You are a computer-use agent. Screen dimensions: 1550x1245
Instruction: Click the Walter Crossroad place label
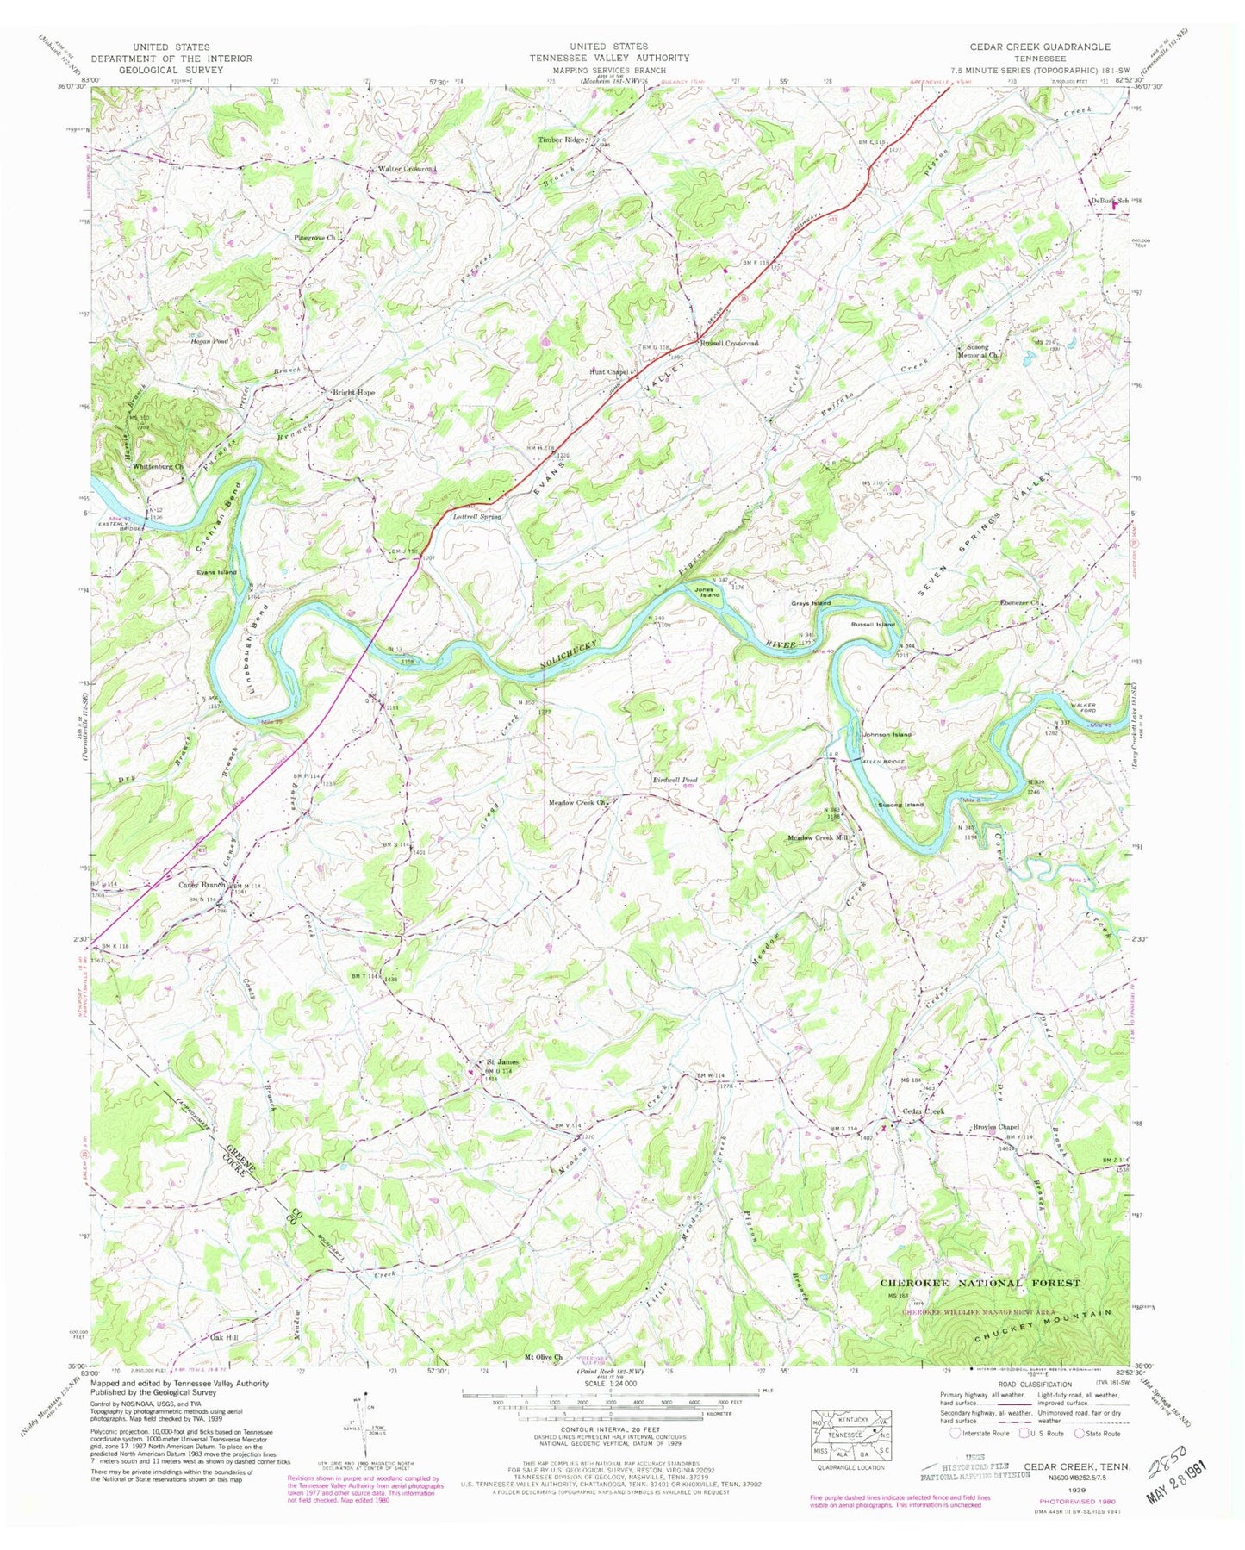(407, 169)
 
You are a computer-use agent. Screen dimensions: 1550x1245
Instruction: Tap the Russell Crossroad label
(729, 343)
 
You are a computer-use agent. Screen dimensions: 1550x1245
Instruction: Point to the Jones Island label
(708, 592)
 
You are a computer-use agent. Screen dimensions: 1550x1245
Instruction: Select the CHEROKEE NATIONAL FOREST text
(979, 1283)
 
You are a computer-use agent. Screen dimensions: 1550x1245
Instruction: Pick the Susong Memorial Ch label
(976, 351)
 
